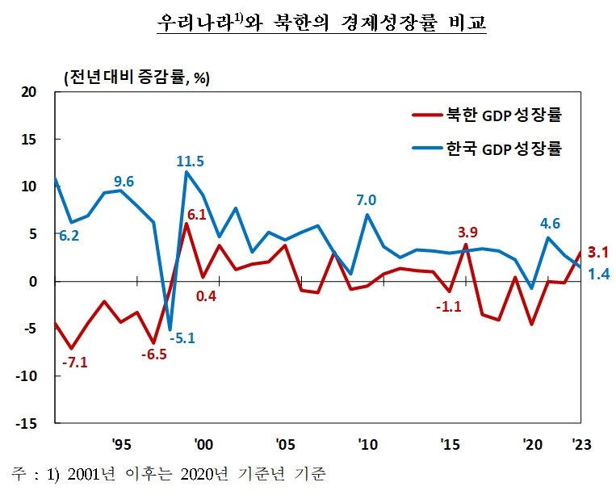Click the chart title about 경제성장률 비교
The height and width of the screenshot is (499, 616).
(x=322, y=22)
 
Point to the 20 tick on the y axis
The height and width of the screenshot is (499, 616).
(x=30, y=92)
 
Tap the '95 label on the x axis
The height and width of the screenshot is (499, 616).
(x=121, y=444)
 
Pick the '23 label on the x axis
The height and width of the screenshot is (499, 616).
(x=580, y=444)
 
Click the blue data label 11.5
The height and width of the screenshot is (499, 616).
(x=190, y=161)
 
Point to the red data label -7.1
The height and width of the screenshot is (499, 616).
(x=74, y=362)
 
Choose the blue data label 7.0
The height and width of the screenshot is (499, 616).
(x=367, y=200)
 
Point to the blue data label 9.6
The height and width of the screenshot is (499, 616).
(x=124, y=181)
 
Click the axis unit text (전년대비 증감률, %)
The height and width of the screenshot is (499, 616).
(x=136, y=78)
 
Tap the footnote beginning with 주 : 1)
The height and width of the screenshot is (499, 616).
(x=169, y=473)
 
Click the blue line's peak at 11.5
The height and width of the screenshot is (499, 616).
(x=186, y=172)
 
